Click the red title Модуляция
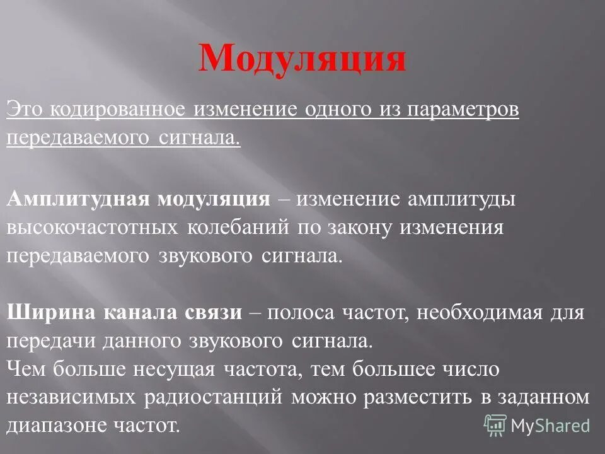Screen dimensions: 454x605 [x=302, y=59]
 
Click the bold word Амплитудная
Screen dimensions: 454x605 [x=77, y=200]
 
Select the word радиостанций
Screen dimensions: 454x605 [x=214, y=398]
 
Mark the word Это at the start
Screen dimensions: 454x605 [x=23, y=109]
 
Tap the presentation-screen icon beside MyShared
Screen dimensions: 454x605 [x=495, y=424]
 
